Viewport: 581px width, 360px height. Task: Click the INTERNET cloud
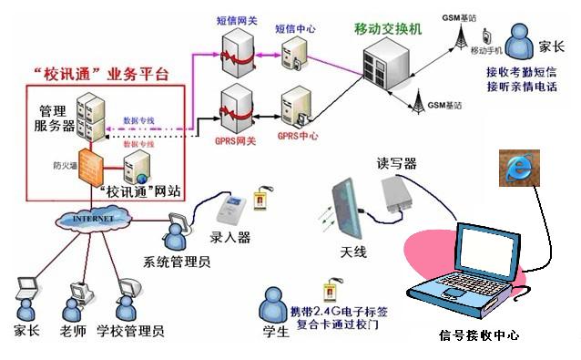click(x=91, y=219)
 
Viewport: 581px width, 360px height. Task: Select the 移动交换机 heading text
click(x=388, y=28)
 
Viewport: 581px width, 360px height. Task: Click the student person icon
click(x=273, y=304)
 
